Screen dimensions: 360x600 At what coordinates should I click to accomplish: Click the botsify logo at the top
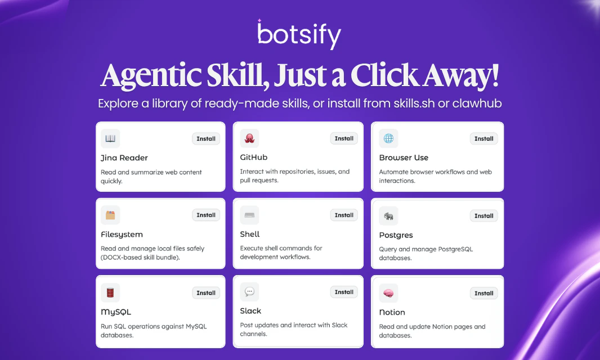tap(299, 35)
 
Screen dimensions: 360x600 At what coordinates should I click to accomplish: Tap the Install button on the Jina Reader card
tap(206, 139)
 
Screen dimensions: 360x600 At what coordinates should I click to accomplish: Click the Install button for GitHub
tap(344, 138)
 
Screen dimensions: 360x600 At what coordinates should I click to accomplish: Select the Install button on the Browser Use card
tap(483, 139)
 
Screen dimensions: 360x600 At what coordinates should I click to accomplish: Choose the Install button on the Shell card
tap(344, 215)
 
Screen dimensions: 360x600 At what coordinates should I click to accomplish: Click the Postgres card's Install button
tap(483, 216)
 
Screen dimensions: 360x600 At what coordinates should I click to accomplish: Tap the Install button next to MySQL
tap(206, 292)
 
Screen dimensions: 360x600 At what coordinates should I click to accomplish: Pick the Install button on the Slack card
tap(344, 292)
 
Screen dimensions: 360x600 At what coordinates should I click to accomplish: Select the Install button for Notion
tap(483, 293)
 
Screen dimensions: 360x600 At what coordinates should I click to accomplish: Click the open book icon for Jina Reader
tap(110, 138)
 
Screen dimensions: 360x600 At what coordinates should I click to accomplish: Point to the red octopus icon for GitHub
tap(249, 138)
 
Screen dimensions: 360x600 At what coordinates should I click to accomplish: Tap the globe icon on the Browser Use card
tap(388, 138)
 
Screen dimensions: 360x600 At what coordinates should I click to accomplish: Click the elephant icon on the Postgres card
tap(388, 216)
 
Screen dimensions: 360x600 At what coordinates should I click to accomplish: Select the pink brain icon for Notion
tap(388, 293)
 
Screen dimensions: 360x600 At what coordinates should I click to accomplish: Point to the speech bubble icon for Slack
tap(249, 291)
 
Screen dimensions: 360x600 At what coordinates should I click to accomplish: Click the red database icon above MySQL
tap(110, 292)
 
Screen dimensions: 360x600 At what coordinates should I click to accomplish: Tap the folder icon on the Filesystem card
tap(110, 215)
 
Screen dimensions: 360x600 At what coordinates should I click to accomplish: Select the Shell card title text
tap(250, 234)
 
